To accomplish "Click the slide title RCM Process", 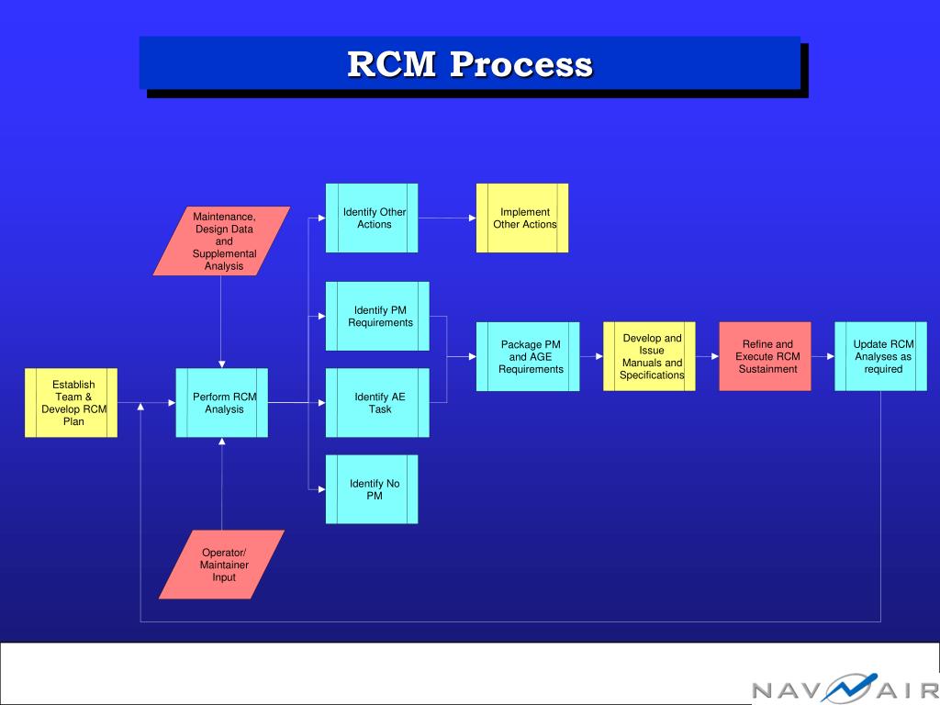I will pos(469,64).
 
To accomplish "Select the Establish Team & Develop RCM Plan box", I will pos(72,403).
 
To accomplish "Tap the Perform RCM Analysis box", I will pos(223,403).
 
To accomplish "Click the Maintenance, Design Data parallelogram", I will pos(223,241).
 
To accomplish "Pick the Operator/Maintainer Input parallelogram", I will pos(223,565).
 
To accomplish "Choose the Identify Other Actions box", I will pos(373,218).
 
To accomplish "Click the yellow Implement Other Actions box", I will pos(523,218).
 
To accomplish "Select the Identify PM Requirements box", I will pos(378,316).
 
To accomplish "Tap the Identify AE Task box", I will pos(378,403).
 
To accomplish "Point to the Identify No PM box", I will pos(373,489).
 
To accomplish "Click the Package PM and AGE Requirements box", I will pos(529,356).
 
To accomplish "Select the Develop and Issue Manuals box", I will pos(650,356).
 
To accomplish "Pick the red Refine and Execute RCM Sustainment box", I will pos(766,356).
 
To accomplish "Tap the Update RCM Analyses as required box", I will pos(881,356).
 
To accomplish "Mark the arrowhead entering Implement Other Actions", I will pos(472,218).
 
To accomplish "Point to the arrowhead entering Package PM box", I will pos(472,356).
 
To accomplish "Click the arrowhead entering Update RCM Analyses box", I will pos(830,356).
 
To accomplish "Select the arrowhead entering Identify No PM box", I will pos(321,489).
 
